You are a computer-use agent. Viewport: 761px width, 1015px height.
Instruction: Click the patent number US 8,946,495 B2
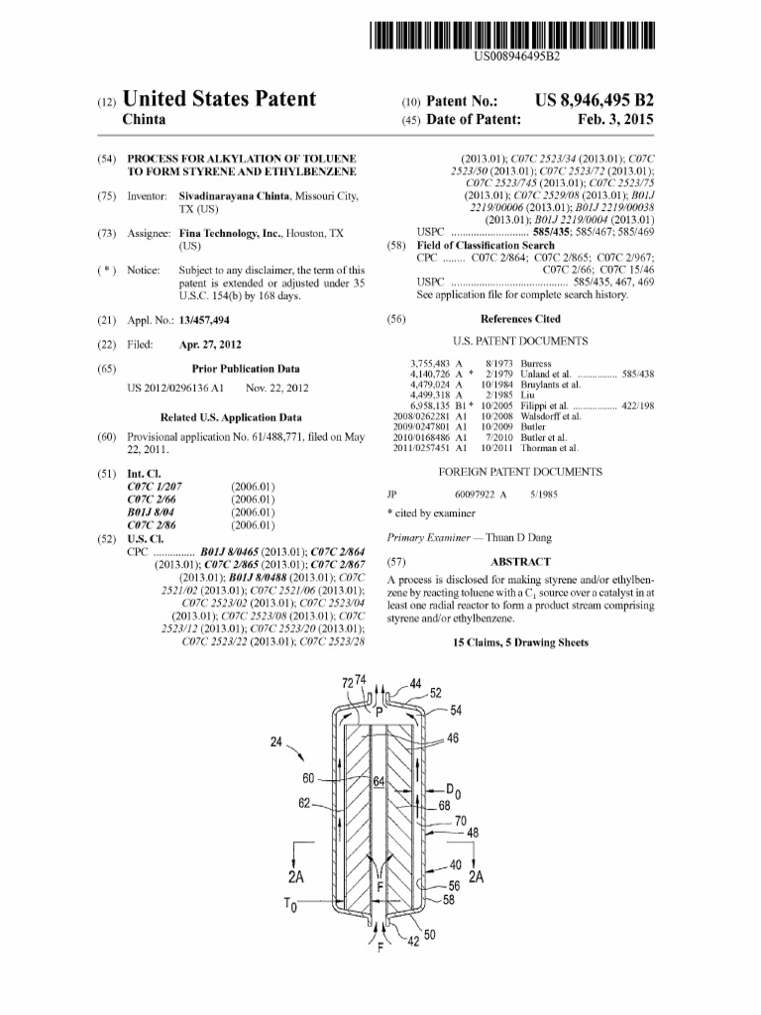tap(594, 100)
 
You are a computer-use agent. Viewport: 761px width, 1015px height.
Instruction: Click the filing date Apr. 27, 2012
tap(211, 344)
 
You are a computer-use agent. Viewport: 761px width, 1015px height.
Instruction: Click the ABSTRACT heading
tap(520, 561)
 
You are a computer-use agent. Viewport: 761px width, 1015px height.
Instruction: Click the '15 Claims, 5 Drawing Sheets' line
tap(520, 642)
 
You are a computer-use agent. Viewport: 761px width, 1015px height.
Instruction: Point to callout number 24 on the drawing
tap(275, 741)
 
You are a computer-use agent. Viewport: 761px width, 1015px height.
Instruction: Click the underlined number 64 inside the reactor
tap(379, 782)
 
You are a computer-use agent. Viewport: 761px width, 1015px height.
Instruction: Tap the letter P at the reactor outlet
tap(379, 711)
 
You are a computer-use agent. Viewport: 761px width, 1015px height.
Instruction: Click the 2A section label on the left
tap(295, 877)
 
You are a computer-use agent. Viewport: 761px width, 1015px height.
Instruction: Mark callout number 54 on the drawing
tap(455, 711)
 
